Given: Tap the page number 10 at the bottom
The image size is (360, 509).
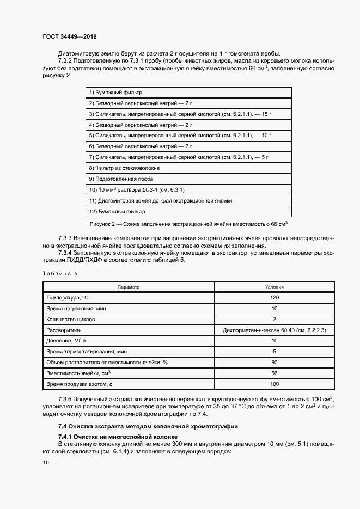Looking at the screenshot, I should click(x=46, y=462).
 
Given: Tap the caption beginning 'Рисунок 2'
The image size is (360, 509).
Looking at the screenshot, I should click(x=188, y=224).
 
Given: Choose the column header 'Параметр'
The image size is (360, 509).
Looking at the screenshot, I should click(x=129, y=287).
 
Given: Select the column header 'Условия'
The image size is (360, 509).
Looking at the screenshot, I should click(x=274, y=287).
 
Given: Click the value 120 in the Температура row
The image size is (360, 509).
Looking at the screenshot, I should click(x=274, y=298).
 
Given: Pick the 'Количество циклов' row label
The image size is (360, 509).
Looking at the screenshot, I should click(x=71, y=319).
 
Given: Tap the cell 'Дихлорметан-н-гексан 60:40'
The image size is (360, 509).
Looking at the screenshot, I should click(x=274, y=330).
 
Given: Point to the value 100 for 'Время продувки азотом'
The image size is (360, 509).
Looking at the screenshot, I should click(x=274, y=384).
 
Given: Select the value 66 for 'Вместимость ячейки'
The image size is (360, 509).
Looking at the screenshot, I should click(x=274, y=373).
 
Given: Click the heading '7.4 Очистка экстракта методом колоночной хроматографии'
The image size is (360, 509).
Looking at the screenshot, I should click(x=148, y=426).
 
